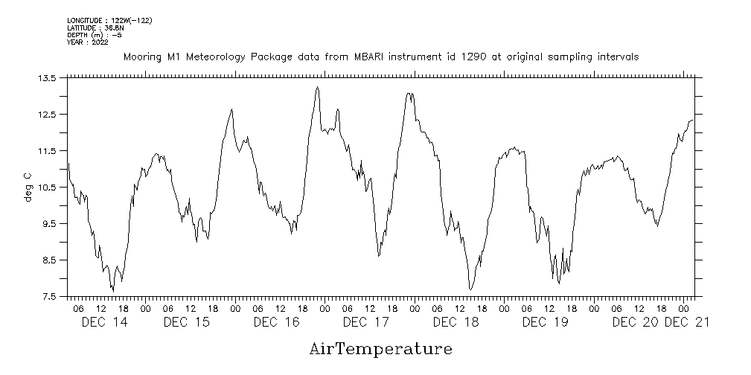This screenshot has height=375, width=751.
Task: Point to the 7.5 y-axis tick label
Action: pyautogui.click(x=49, y=296)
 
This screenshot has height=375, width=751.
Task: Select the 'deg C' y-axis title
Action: pyautogui.click(x=28, y=187)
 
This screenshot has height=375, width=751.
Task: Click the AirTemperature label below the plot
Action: pyautogui.click(x=380, y=348)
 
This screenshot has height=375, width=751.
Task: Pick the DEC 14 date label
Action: pyautogui.click(x=104, y=321)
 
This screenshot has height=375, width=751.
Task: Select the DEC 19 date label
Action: pyautogui.click(x=545, y=321)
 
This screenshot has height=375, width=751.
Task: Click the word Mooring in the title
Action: pyautogui.click(x=141, y=57)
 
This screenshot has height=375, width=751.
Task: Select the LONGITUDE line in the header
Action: pyautogui.click(x=109, y=20)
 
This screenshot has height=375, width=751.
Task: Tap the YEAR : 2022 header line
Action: pyautogui.click(x=87, y=42)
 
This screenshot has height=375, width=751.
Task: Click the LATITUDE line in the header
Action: pyautogui.click(x=95, y=28)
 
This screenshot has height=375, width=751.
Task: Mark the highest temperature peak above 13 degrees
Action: pyautogui.click(x=318, y=87)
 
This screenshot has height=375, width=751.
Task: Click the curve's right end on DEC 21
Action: pyautogui.click(x=692, y=120)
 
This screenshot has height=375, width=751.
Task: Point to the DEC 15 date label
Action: pyautogui.click(x=186, y=321)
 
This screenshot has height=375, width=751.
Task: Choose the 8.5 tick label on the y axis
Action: pyautogui.click(x=49, y=260)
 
